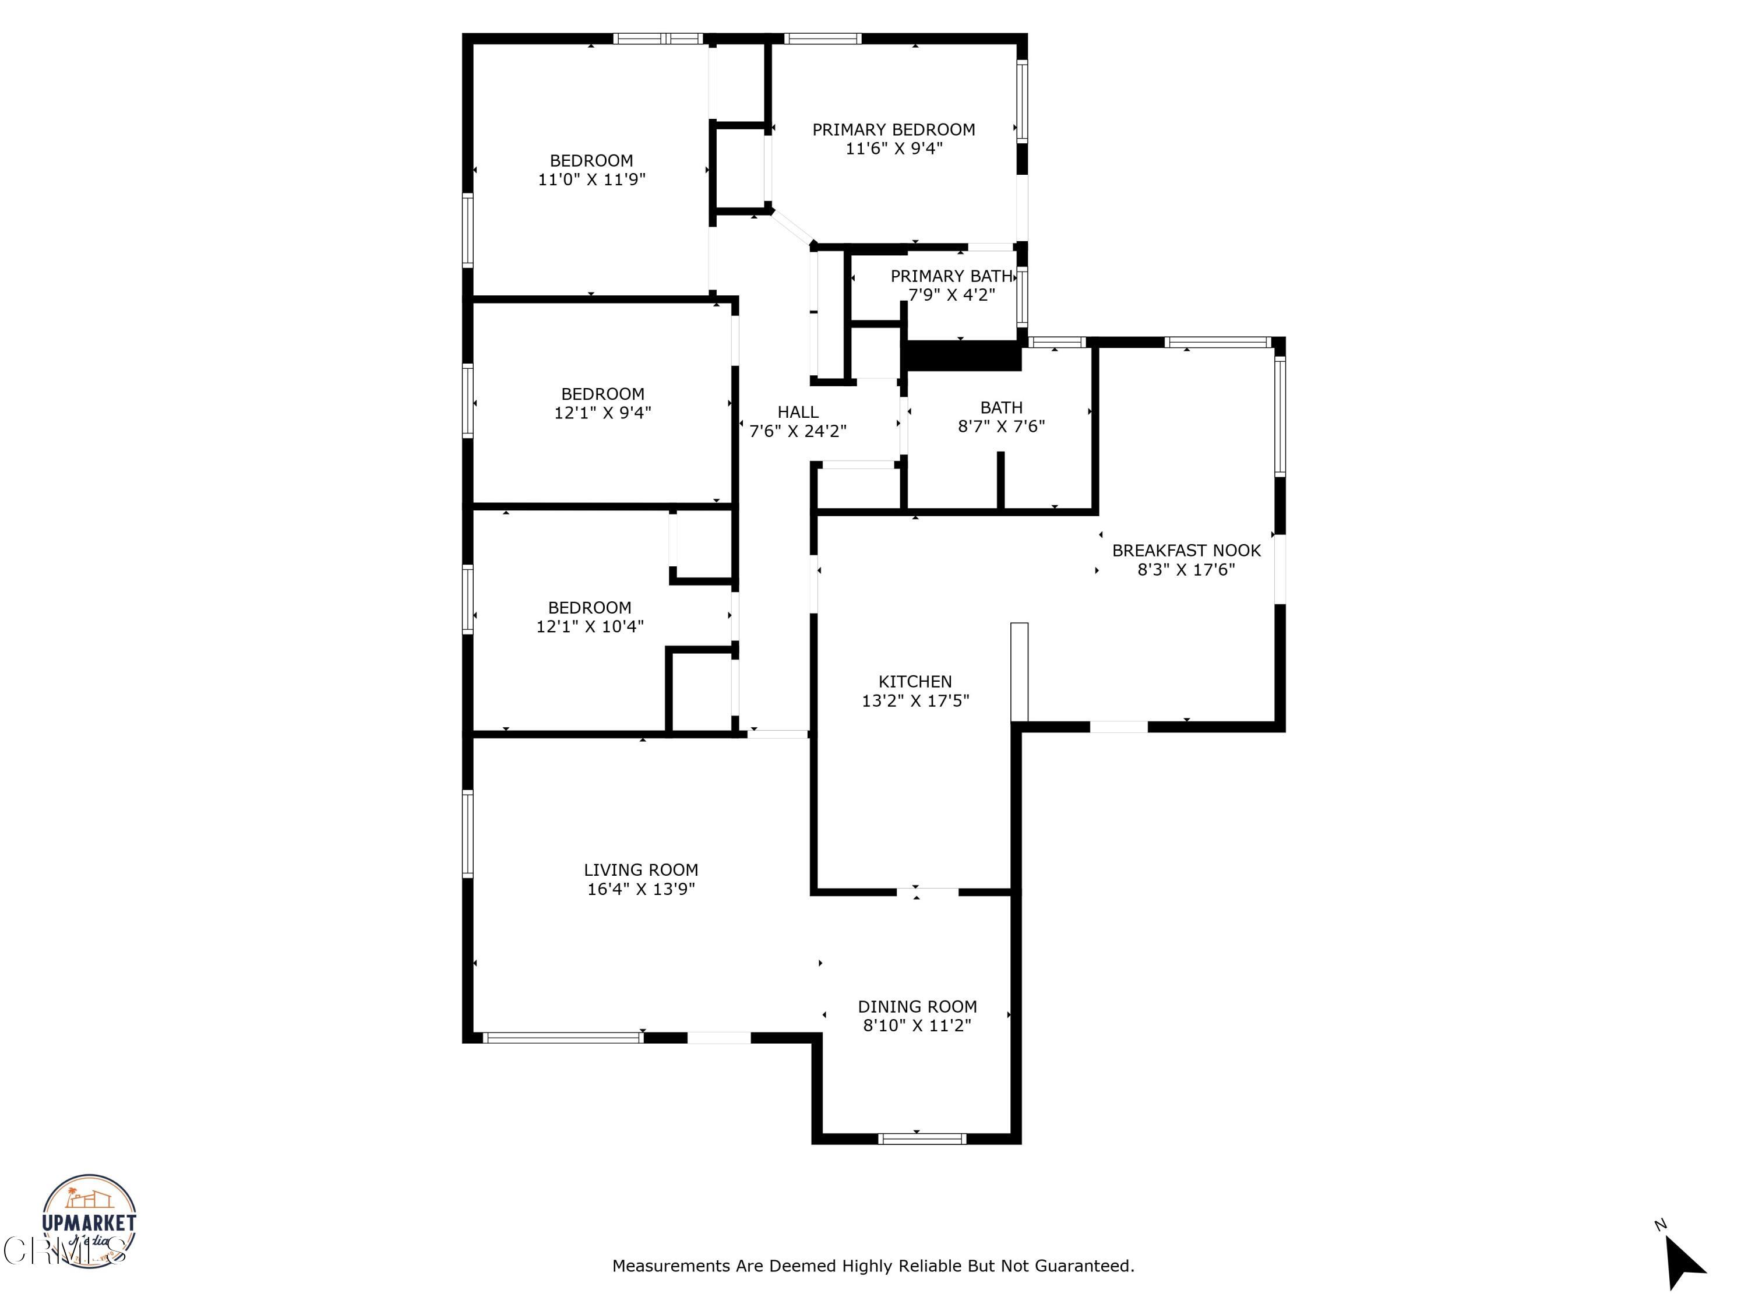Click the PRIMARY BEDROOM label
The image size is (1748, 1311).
point(893,129)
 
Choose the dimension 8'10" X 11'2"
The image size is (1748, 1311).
point(917,1025)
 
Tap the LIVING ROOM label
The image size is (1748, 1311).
point(640,869)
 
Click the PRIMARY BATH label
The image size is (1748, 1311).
point(951,276)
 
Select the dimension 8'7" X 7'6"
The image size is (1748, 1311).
point(1000,427)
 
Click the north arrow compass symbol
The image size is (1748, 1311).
point(1683,1263)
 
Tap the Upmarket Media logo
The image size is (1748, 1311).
point(89,1220)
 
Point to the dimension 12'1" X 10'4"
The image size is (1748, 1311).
point(590,626)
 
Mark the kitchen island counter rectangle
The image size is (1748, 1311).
point(1020,672)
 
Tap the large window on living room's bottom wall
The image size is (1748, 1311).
point(563,1038)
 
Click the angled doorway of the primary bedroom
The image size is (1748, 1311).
point(792,228)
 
